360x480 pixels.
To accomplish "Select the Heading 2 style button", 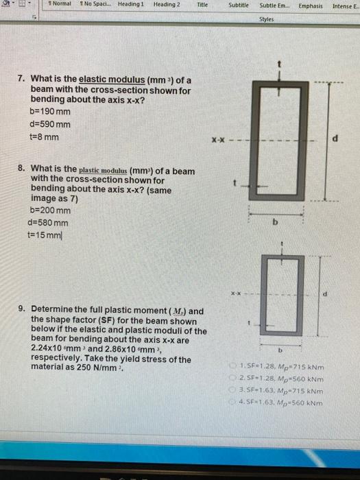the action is [x=167, y=5].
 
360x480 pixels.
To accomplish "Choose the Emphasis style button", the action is [x=310, y=5].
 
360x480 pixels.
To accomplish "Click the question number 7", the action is [x=21, y=81].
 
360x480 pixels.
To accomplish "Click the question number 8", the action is [x=21, y=170].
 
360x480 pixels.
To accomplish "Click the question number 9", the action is [x=21, y=311].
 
